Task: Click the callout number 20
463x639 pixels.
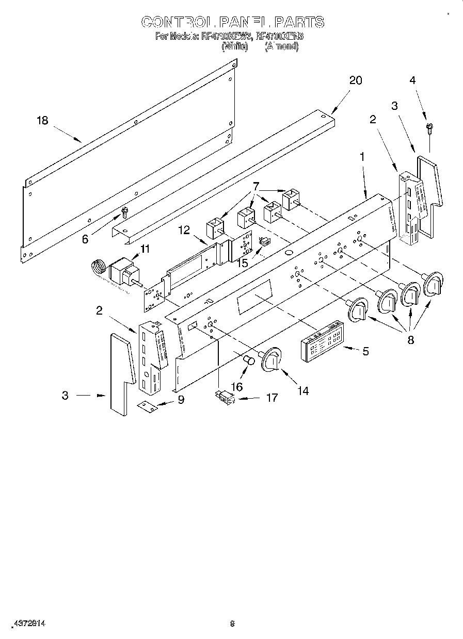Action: click(356, 80)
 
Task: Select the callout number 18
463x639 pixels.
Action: click(42, 121)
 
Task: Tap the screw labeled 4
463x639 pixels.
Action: click(429, 127)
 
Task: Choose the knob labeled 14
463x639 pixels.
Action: click(273, 359)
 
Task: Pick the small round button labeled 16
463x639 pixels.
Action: click(249, 360)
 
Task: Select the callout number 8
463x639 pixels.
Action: click(411, 340)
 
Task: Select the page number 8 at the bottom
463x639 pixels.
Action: click(232, 623)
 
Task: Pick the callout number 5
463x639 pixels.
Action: click(365, 352)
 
